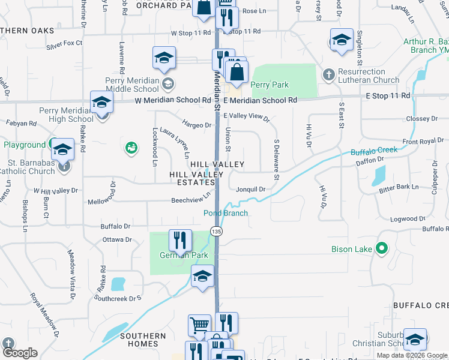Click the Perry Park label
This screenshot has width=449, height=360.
[270, 85]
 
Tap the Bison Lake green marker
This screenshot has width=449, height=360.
[381, 248]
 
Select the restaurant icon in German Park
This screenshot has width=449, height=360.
[180, 241]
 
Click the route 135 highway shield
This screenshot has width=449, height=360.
[217, 231]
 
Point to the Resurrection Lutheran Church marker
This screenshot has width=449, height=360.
[328, 75]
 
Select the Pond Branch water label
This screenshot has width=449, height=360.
[226, 213]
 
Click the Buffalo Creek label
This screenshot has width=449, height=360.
[375, 150]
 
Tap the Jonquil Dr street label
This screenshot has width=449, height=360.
[250, 189]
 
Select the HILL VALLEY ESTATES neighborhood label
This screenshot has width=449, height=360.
[192, 178]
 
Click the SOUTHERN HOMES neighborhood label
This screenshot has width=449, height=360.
[143, 340]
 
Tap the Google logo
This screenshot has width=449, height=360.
[20, 353]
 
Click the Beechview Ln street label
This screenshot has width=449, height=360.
[191, 197]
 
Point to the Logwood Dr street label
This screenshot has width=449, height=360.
[408, 220]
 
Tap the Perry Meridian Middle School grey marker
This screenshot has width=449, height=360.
[169, 83]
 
